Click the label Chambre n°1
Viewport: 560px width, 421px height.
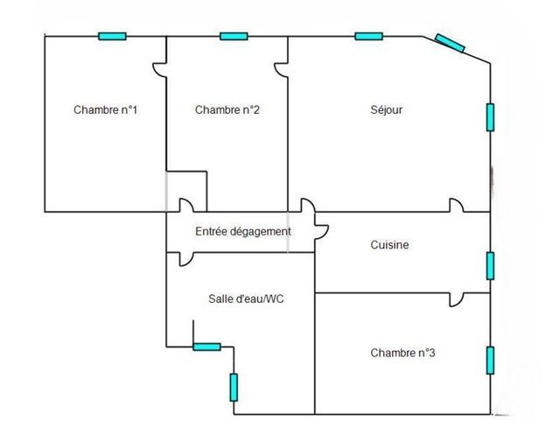pyautogui.click(x=105, y=109)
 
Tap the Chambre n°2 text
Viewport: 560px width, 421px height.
pyautogui.click(x=227, y=109)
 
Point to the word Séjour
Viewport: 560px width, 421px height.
pyautogui.click(x=387, y=109)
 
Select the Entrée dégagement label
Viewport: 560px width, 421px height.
pyautogui.click(x=243, y=232)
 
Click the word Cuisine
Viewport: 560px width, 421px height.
pyautogui.click(x=389, y=245)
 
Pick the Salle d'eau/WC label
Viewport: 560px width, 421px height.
pyautogui.click(x=246, y=298)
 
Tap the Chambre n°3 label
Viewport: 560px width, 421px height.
pyautogui.click(x=402, y=353)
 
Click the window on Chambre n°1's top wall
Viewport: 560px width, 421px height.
pyautogui.click(x=112, y=36)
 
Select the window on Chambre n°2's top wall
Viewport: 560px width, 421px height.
pyautogui.click(x=234, y=36)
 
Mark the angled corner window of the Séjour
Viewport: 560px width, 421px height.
pyautogui.click(x=450, y=43)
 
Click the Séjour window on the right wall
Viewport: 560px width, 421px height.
pyautogui.click(x=490, y=117)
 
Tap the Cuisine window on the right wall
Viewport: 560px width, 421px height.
pyautogui.click(x=490, y=266)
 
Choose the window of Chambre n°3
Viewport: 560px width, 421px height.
pyautogui.click(x=490, y=361)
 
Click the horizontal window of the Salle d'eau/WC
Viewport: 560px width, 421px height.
pyautogui.click(x=206, y=347)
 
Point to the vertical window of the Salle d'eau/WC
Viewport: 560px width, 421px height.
pyautogui.click(x=234, y=388)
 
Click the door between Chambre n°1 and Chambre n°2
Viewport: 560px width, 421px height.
pyautogui.click(x=160, y=70)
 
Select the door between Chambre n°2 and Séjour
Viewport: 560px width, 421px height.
pyautogui.click(x=282, y=70)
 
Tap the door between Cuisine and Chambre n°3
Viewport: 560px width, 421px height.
pyautogui.click(x=457, y=299)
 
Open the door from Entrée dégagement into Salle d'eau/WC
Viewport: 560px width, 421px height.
pyautogui.click(x=186, y=259)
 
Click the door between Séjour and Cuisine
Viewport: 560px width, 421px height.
pyautogui.click(x=457, y=205)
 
